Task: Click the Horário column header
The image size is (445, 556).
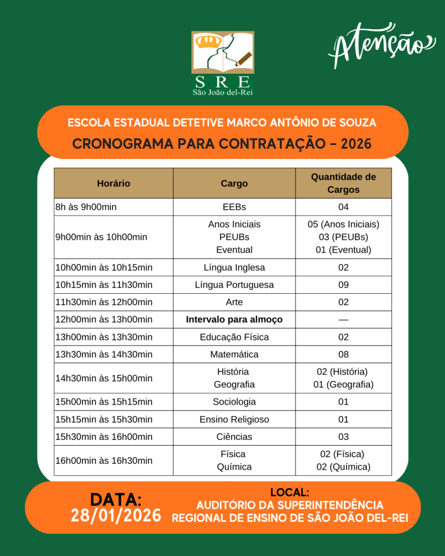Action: click(114, 184)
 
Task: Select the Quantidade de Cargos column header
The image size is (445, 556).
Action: click(343, 184)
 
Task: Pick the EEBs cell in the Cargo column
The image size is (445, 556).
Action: click(234, 207)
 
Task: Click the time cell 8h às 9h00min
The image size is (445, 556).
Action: click(86, 207)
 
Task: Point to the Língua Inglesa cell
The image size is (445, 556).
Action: click(234, 268)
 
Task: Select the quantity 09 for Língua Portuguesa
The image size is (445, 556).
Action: click(343, 285)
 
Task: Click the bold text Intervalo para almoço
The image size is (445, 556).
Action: click(234, 320)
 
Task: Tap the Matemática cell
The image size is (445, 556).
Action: click(234, 355)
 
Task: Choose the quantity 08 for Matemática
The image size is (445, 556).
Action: click(343, 355)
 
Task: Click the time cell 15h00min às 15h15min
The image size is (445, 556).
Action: click(104, 402)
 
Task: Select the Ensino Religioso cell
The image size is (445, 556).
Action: click(234, 420)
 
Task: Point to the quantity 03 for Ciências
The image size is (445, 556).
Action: click(343, 437)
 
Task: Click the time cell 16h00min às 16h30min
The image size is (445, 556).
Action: click(104, 461)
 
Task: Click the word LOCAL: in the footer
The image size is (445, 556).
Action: click(290, 493)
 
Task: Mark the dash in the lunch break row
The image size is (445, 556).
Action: click(343, 320)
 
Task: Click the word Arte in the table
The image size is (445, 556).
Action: click(234, 302)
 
